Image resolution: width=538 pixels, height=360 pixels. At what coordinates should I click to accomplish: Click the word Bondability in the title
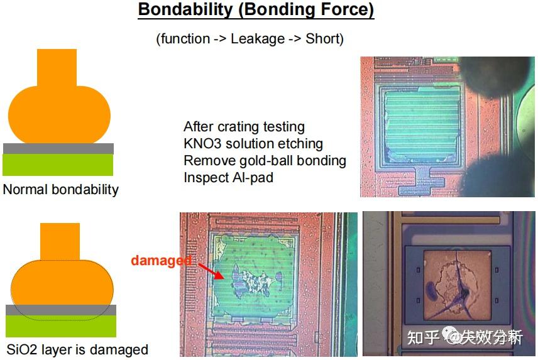(x=185, y=9)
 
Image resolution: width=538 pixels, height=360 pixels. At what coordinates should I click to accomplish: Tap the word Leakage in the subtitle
(x=258, y=39)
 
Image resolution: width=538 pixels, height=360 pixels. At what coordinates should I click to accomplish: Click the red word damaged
(x=162, y=261)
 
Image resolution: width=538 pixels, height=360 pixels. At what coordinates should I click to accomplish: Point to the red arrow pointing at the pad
(x=211, y=271)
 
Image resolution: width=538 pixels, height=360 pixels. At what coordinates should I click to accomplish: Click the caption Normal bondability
(x=61, y=189)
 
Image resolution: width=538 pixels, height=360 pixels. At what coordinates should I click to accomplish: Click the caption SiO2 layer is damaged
(x=77, y=350)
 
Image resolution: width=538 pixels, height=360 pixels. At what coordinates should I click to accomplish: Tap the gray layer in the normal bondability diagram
(x=58, y=149)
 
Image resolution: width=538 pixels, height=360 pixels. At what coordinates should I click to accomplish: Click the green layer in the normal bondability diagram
(x=58, y=165)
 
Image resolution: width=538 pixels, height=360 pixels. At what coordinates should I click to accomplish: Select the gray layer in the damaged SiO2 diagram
(x=61, y=310)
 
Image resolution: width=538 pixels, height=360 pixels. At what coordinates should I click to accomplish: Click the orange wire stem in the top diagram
(x=57, y=68)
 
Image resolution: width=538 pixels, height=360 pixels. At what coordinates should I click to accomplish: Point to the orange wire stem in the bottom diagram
(x=60, y=242)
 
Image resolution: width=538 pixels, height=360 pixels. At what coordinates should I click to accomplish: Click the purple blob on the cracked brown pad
(x=431, y=290)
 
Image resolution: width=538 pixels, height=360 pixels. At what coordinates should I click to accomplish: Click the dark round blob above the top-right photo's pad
(x=496, y=75)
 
